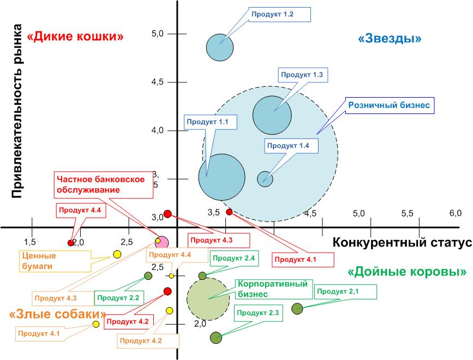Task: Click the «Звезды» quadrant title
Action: (x=391, y=39)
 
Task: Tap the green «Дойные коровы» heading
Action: (x=407, y=271)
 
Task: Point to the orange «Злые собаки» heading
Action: (x=58, y=314)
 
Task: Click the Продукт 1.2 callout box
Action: (x=279, y=15)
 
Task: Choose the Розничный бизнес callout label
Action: (x=390, y=105)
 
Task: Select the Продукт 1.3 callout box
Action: (x=303, y=75)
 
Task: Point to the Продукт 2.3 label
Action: (x=258, y=313)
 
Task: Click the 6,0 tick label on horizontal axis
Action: (x=455, y=213)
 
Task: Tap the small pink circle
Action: (x=162, y=242)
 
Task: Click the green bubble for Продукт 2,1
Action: (x=297, y=309)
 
